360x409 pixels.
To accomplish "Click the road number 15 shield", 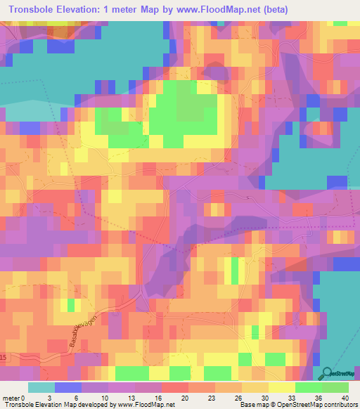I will pos(3,359).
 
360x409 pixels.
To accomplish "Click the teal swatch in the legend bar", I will pos(41,387).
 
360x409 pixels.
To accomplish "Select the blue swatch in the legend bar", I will pos(68,387).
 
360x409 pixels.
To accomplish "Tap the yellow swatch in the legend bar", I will pos(282,387).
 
